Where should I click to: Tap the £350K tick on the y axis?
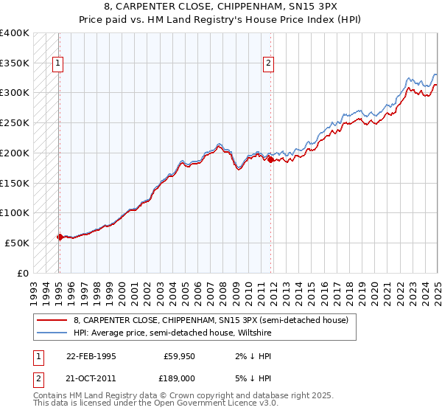coord(15,63)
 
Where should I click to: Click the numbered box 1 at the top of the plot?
coord(58,63)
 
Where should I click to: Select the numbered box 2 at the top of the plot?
coord(269,63)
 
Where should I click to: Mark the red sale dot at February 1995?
coord(60,237)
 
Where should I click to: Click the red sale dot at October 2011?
coord(270,159)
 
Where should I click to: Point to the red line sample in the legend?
coord(52,320)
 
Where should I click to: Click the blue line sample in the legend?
coord(52,333)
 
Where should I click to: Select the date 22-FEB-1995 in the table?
coord(91,356)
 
